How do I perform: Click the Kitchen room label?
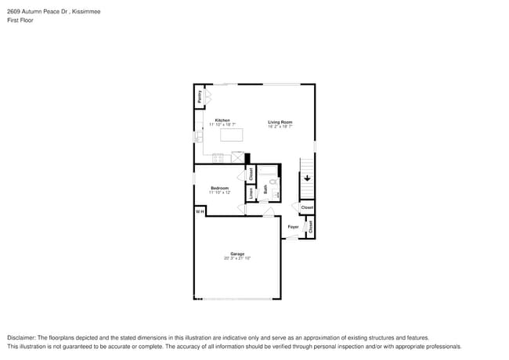pyautogui.click(x=222, y=120)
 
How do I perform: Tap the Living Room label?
pyautogui.click(x=280, y=121)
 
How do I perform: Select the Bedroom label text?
pyautogui.click(x=219, y=188)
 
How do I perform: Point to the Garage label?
pyautogui.click(x=236, y=254)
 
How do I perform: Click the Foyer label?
pyautogui.click(x=293, y=227)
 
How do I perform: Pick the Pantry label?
pyautogui.click(x=200, y=97)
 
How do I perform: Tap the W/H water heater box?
pyautogui.click(x=200, y=211)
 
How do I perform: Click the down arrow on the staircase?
pyautogui.click(x=308, y=178)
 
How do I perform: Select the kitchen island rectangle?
pyautogui.click(x=232, y=135)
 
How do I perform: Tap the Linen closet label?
pyautogui.click(x=251, y=193)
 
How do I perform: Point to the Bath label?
pyautogui.click(x=265, y=188)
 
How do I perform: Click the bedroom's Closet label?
pyautogui.click(x=251, y=174)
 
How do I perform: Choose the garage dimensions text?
pyautogui.click(x=236, y=257)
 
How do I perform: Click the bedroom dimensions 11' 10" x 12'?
pyautogui.click(x=219, y=192)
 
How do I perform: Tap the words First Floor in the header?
pyautogui.click(x=20, y=20)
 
